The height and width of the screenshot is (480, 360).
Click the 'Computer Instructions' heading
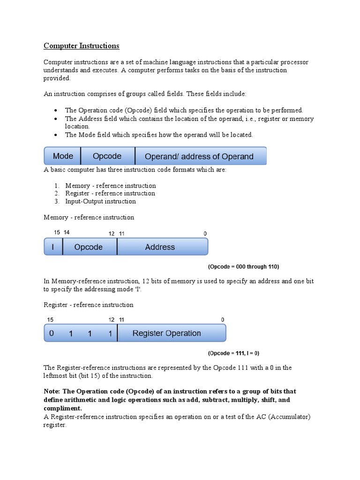pos(82,46)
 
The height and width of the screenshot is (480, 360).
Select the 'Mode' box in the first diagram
pos(63,156)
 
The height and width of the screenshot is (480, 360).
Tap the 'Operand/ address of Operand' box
pos(199,157)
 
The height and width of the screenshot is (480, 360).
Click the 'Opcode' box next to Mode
pos(107,156)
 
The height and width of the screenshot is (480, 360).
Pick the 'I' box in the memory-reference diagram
pos(53,247)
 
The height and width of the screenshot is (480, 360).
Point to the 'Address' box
pos(160,247)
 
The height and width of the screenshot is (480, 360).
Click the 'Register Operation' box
pos(167,333)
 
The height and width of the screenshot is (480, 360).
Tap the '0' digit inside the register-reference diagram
pos(52,333)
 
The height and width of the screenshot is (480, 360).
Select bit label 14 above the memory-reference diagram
pos(67,232)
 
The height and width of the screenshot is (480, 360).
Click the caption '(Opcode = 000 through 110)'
pos(243,267)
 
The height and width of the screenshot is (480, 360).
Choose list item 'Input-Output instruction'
pos(100,202)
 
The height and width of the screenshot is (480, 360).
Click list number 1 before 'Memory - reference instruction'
pos(56,186)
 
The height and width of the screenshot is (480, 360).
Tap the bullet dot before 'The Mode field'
pos(56,135)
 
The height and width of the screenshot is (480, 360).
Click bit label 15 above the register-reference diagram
pos(50,320)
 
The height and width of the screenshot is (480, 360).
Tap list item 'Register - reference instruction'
pos(110,193)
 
